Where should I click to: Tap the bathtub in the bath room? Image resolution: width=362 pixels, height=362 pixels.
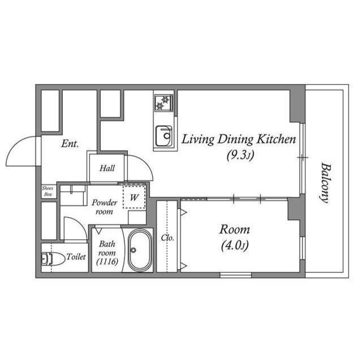[x=139, y=250]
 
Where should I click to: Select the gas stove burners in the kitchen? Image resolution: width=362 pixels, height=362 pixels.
[x=163, y=104]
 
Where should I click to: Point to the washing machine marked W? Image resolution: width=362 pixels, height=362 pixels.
[x=134, y=198]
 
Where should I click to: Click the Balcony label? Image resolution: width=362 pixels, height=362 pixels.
[x=325, y=183]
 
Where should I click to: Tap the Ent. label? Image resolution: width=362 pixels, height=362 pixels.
[x=70, y=144]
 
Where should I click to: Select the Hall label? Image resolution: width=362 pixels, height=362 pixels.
[x=107, y=168]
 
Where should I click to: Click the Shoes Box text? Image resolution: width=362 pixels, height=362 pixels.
[x=49, y=191]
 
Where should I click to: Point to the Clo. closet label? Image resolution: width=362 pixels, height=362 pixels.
[x=167, y=238]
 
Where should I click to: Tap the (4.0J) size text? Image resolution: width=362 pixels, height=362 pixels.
[x=234, y=245]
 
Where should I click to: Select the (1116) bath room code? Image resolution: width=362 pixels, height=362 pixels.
[x=107, y=262]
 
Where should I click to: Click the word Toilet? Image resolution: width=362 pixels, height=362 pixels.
[x=76, y=257]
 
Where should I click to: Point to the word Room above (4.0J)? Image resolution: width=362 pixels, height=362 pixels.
[x=235, y=230]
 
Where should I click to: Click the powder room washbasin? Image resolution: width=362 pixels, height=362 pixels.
[x=72, y=195]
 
